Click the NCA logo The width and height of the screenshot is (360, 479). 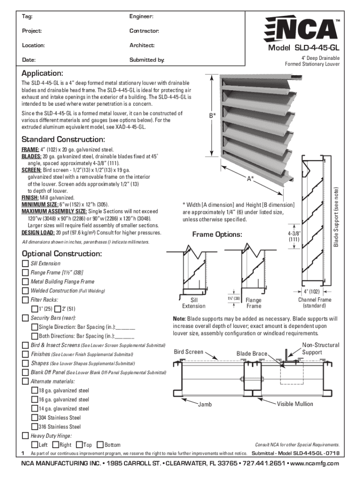pyautogui.click(x=302, y=29)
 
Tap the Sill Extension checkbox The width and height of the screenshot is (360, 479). pyautogui.click(x=25, y=263)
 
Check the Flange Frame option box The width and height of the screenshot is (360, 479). pyautogui.click(x=25, y=272)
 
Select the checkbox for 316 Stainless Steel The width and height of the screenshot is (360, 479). pyautogui.click(x=35, y=427)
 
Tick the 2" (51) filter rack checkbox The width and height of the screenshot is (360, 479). pyautogui.click(x=58, y=309)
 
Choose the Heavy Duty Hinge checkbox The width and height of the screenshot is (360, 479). pyautogui.click(x=25, y=435)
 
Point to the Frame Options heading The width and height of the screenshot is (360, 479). pyautogui.click(x=217, y=234)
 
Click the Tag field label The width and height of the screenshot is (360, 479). pyautogui.click(x=27, y=17)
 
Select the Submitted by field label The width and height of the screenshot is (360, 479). pyautogui.click(x=147, y=60)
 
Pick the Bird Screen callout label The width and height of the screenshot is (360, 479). pyautogui.click(x=188, y=352)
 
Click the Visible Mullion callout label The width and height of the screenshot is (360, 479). pyautogui.click(x=295, y=404)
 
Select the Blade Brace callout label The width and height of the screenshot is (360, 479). pyautogui.click(x=252, y=354)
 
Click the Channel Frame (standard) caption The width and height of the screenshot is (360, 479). pyautogui.click(x=315, y=303)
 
